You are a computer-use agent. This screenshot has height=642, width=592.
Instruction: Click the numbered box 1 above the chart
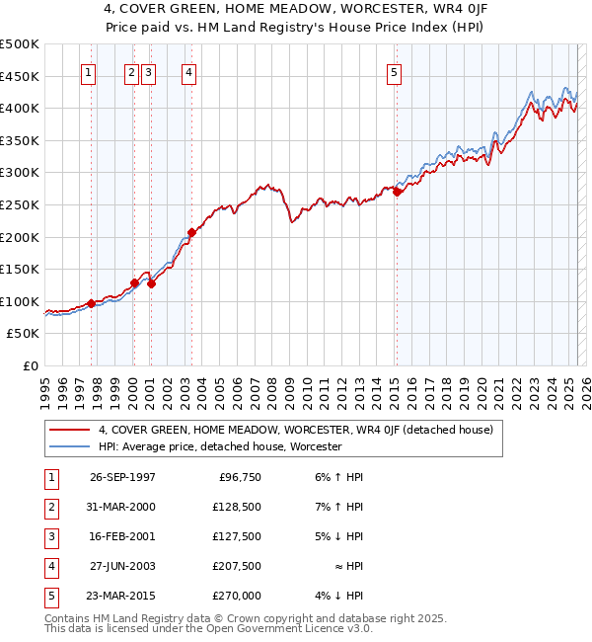point(89,71)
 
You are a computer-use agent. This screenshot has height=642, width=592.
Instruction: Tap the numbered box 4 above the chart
point(187,71)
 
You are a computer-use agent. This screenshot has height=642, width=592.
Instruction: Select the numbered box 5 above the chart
point(394,71)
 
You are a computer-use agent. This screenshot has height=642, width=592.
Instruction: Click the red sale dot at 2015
point(397,193)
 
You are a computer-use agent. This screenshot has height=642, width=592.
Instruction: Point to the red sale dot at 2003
point(191,233)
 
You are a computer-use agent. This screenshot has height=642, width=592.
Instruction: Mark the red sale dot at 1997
point(91,304)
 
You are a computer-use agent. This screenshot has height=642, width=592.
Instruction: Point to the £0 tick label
point(30,365)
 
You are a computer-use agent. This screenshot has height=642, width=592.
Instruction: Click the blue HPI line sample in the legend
point(71,446)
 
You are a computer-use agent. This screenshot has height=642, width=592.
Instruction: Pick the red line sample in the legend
point(71,430)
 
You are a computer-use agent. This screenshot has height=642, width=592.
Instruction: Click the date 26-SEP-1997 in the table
point(122,477)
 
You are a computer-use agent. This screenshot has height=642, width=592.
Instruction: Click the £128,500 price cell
point(236,507)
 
